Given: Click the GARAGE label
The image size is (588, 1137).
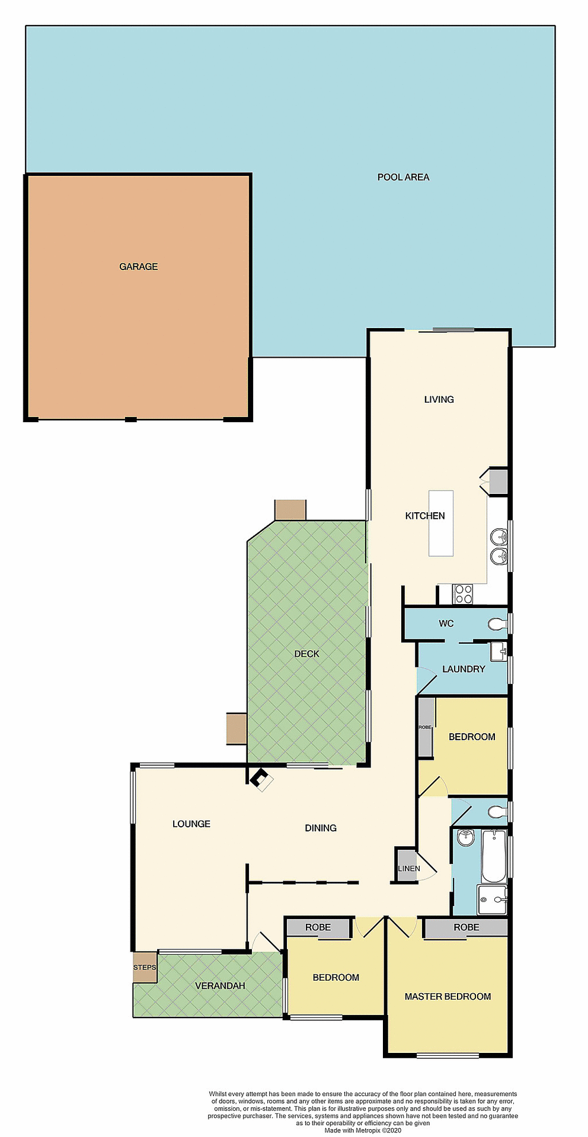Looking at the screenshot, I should click(x=139, y=266).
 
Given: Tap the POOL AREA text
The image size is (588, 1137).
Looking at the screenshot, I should click(x=403, y=177).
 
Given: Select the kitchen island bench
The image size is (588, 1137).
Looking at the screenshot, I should click(x=441, y=523).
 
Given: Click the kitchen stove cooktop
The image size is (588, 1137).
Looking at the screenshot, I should click(x=462, y=594).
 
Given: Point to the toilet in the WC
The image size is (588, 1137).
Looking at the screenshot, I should click(x=497, y=624).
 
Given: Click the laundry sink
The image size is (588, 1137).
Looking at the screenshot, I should click(x=498, y=651).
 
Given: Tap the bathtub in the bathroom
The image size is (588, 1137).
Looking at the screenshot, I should click(x=494, y=856).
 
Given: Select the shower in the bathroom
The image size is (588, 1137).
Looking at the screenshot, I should click(x=492, y=900).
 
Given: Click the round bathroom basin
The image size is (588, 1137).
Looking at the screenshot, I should click(x=466, y=837).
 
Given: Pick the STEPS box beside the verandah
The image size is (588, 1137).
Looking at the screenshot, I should click(x=145, y=967).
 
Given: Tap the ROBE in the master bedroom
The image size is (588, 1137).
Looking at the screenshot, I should click(x=466, y=927).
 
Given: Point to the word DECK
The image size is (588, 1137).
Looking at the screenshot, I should click(x=306, y=654).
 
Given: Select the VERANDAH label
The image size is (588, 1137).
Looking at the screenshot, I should click(x=220, y=986).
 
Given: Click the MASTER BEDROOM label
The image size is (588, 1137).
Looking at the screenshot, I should click(x=448, y=997).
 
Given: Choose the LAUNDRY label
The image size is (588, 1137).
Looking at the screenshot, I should click(x=464, y=669).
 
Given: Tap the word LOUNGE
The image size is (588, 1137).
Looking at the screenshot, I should click(x=191, y=824).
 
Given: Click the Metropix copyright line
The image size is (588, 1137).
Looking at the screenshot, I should click(x=363, y=1130).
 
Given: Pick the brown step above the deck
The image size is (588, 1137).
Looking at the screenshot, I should click(x=290, y=510).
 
